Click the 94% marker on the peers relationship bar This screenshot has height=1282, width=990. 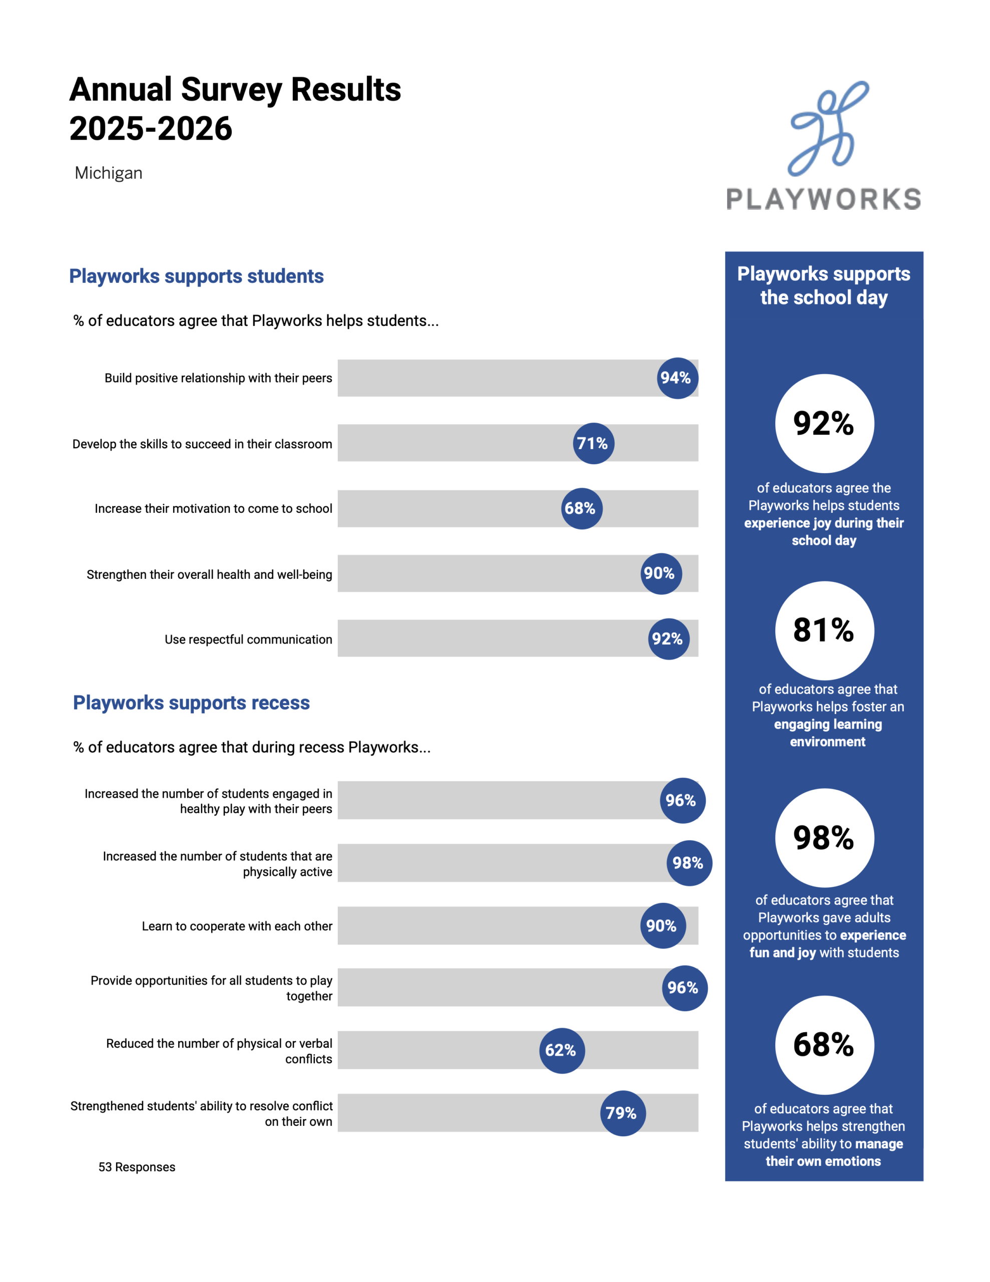677,378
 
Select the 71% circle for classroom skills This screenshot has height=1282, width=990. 593,443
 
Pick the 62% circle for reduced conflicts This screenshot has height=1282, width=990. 562,1050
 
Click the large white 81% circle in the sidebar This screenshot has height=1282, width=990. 824,630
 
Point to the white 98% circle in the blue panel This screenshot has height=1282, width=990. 824,838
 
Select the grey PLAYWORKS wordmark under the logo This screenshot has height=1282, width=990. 823,199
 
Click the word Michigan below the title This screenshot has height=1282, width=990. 109,173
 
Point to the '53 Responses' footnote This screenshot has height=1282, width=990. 137,1167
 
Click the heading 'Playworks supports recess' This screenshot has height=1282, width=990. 191,703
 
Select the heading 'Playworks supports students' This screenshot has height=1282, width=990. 197,276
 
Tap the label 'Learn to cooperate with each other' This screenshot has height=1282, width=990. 237,926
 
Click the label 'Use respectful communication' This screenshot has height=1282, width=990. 248,639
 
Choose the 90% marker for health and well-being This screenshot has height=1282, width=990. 661,573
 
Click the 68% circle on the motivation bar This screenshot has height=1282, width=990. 582,508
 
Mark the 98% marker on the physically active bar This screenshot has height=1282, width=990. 689,863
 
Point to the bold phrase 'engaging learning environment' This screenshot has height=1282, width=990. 827,733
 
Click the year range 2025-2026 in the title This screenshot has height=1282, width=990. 151,129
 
